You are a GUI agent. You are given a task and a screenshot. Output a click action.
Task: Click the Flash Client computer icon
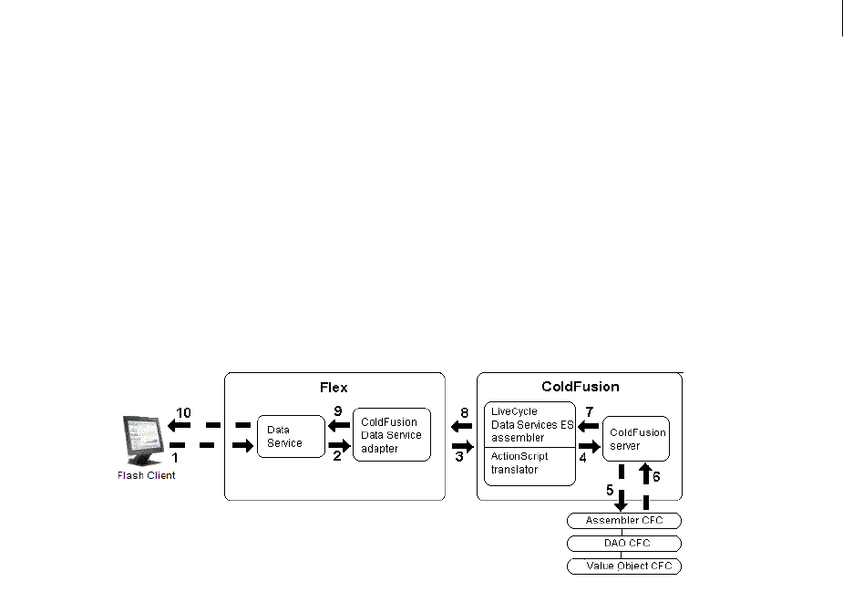point(144,440)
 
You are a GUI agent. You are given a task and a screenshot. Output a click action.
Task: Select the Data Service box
point(291,436)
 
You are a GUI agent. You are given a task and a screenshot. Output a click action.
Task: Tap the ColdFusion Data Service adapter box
point(391,435)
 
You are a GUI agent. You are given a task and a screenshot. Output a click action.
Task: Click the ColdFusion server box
point(637,439)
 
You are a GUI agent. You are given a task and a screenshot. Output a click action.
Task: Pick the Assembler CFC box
point(623,521)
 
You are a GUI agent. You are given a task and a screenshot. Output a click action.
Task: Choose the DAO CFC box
point(623,544)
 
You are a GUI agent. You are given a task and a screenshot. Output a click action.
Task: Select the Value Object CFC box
point(623,566)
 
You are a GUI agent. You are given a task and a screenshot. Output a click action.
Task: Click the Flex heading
point(334,388)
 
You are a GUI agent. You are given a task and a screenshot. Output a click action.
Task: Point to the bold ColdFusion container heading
point(580,388)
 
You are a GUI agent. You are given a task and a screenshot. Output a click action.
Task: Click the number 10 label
point(183,413)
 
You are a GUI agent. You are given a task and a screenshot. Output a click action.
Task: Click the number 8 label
point(464,413)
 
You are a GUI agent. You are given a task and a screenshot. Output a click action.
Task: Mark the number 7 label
point(590,412)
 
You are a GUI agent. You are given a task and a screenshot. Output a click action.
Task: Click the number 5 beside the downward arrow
point(610,489)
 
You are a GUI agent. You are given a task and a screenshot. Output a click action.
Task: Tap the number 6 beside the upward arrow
point(656,476)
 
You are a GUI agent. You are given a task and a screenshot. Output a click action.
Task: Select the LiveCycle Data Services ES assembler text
point(526,425)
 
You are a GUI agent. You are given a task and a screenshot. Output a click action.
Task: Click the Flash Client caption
point(146,475)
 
